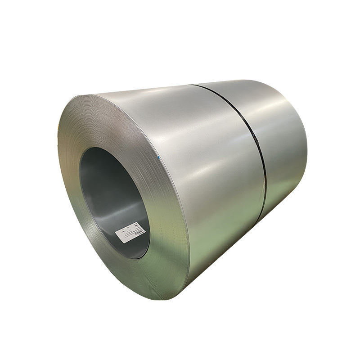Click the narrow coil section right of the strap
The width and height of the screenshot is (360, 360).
click(283, 144)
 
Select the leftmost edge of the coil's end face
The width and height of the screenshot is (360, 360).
click(58, 148)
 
